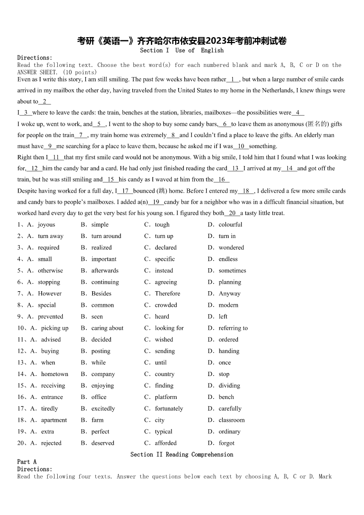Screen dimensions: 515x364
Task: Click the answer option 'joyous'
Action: pyautogui.click(x=46, y=225)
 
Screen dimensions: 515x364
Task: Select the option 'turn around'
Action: pyautogui.click(x=106, y=236)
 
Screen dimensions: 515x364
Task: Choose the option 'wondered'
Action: pyautogui.click(x=231, y=248)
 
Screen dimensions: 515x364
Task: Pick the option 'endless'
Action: pyautogui.click(x=228, y=259)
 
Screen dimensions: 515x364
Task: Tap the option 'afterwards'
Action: pyautogui.click(x=105, y=271)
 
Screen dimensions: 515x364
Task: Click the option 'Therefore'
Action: pyautogui.click(x=167, y=293)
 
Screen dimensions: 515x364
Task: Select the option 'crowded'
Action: pyautogui.click(x=165, y=305)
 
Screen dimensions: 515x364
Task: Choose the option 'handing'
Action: pyautogui.click(x=229, y=351)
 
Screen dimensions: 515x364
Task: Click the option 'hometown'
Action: pyautogui.click(x=55, y=374)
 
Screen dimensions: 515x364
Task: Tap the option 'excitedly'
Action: pyautogui.click(x=103, y=409)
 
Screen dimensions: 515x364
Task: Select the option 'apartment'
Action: pyautogui.click(x=54, y=420)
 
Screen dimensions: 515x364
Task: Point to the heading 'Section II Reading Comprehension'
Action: pyautogui.click(x=182, y=454)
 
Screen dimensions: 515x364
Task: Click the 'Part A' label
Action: pyautogui.click(x=27, y=462)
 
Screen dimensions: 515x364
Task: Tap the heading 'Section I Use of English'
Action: pyautogui.click(x=182, y=50)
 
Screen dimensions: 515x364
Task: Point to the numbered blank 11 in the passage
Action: pyautogui.click(x=56, y=157)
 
